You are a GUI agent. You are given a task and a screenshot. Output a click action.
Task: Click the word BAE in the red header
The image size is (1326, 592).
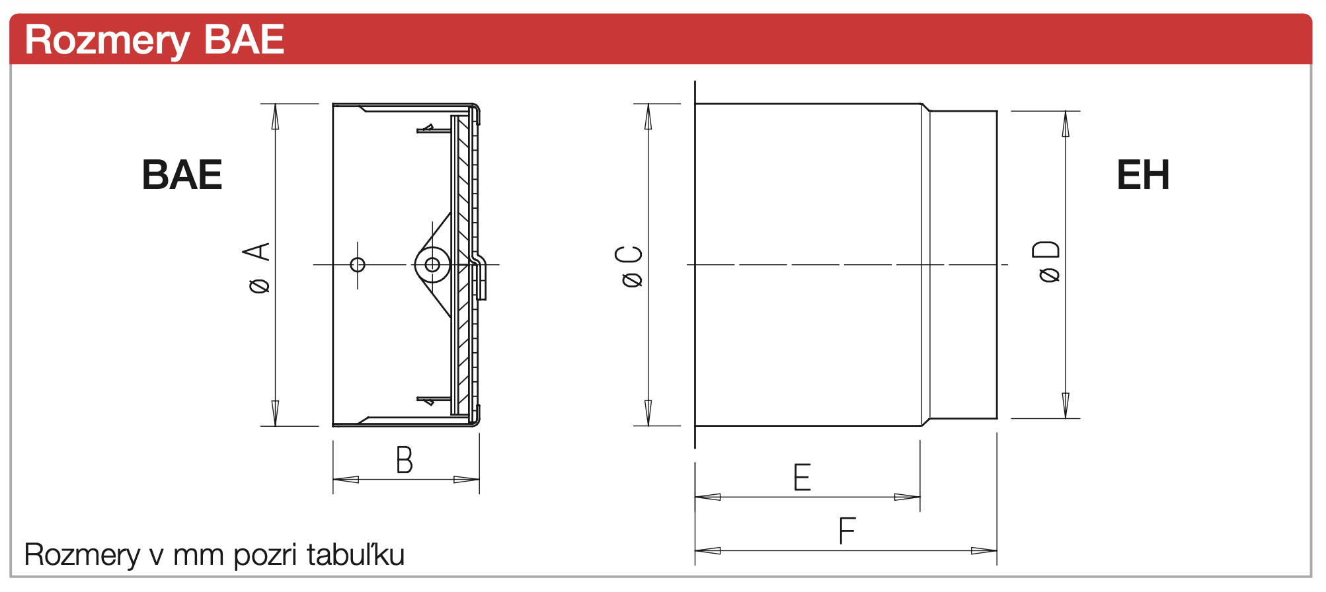(244, 40)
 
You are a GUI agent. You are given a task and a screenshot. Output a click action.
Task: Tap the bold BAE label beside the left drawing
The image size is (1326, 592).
(182, 175)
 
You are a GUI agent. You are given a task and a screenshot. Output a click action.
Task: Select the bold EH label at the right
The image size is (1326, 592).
(1143, 175)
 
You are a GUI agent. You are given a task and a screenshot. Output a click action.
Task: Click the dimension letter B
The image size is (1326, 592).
(405, 460)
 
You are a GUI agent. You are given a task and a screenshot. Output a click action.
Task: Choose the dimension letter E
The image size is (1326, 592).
(802, 477)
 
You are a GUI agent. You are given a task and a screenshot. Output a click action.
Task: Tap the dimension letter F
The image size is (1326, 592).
(847, 531)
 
